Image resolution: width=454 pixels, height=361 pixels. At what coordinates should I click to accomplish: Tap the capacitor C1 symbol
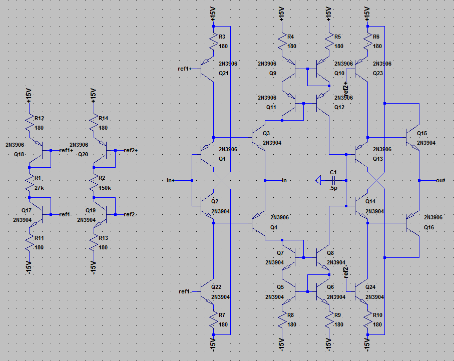coord(332,180)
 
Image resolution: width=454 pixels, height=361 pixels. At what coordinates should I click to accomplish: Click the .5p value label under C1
coord(333,188)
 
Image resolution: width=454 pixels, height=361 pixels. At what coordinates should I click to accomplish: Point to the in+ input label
coord(171,180)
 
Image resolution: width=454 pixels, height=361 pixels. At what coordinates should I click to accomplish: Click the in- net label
coord(287,180)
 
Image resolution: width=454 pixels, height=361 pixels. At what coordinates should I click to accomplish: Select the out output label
coord(440,180)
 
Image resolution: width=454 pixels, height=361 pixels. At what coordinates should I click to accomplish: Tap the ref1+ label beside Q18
coord(67,150)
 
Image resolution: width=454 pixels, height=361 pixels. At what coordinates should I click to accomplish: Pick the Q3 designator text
coord(266,134)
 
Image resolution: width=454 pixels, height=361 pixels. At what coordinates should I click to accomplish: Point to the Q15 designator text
coord(422,134)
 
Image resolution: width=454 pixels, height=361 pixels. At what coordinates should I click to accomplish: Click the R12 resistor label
coord(40,119)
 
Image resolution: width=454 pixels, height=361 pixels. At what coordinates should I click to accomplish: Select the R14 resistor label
coord(104,119)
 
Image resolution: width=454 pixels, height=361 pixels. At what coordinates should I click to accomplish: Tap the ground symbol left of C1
coord(319,180)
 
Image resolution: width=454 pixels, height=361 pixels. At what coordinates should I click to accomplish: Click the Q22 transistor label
coord(216,287)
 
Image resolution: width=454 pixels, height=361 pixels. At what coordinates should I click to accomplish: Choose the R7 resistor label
coord(222,315)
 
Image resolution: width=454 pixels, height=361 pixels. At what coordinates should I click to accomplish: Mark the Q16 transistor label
coord(429,227)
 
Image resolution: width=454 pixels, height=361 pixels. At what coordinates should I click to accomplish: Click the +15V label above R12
coord(29,95)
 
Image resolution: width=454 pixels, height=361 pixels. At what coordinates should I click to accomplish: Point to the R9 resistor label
coord(337,315)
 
